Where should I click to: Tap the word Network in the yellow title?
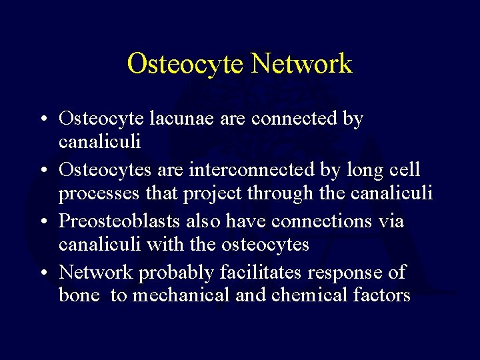tap(301, 64)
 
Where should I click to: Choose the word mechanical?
tap(181, 295)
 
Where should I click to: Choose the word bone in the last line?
tap(79, 295)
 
